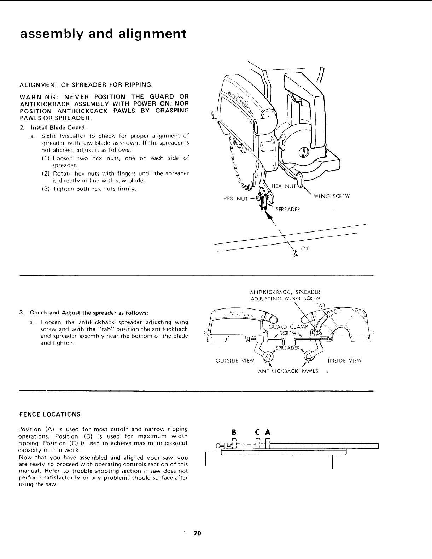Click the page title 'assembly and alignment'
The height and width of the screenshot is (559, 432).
[x=103, y=34]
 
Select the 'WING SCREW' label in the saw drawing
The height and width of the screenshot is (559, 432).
[x=332, y=196]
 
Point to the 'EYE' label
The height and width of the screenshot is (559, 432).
[x=305, y=248]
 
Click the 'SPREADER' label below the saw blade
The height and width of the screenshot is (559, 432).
[x=288, y=209]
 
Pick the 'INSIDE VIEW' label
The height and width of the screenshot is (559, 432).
[x=345, y=361]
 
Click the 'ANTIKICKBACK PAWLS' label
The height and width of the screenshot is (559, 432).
[x=288, y=371]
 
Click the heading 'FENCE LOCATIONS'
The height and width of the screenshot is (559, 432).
[x=49, y=414]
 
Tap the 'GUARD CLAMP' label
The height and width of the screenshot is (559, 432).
[x=288, y=326]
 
